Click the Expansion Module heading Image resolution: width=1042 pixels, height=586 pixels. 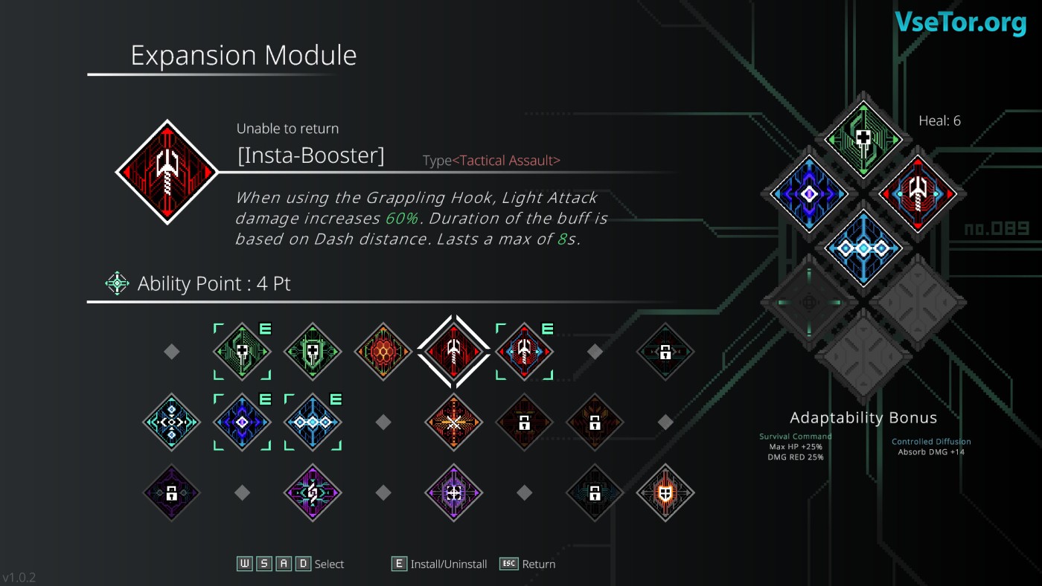pos(243,56)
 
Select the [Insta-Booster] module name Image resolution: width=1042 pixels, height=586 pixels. pos(310,156)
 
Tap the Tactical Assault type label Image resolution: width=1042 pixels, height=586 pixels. pos(506,161)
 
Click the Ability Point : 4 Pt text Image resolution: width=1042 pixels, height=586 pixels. pos(214,283)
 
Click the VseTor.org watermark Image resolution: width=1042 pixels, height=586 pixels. pos(960,22)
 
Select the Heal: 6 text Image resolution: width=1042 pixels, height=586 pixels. pos(939,120)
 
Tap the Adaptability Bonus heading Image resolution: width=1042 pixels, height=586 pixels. pos(863,418)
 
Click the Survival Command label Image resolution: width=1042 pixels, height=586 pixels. pos(795,437)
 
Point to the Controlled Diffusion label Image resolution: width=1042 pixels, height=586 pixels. pos(931,442)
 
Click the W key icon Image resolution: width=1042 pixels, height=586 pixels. pos(245,564)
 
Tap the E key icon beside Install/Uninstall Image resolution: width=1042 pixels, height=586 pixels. pos(400,564)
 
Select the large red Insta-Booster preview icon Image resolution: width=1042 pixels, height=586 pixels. pos(167,172)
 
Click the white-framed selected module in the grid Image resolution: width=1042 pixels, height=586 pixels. pos(453,351)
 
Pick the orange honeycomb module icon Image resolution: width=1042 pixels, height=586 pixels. pos(383,351)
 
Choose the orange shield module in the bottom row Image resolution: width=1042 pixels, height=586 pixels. pos(665,492)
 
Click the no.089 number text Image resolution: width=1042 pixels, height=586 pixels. pos(997,229)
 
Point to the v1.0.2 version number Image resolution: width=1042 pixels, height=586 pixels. pos(19,578)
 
